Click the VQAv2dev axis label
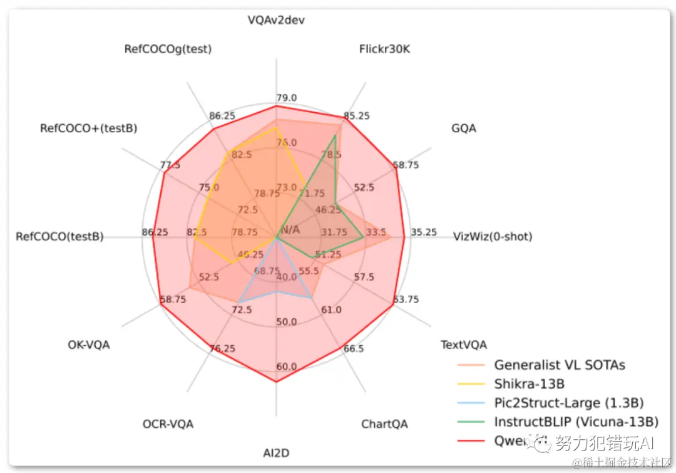point(276,20)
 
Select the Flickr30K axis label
point(385,49)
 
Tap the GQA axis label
point(463,128)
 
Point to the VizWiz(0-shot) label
point(493,237)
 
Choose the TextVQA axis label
point(464,345)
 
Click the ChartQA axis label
point(384,424)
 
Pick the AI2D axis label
point(276,452)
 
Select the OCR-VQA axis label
point(168,424)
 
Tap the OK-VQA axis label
point(89,345)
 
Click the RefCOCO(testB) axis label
point(59,237)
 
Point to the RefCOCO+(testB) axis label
point(88,128)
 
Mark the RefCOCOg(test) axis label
point(168,49)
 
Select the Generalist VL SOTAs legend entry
point(559,365)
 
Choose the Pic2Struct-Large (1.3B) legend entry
point(568,402)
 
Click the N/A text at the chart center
point(290,229)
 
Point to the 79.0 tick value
point(287,98)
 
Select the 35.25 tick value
point(424,232)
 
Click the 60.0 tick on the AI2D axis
point(287,366)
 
